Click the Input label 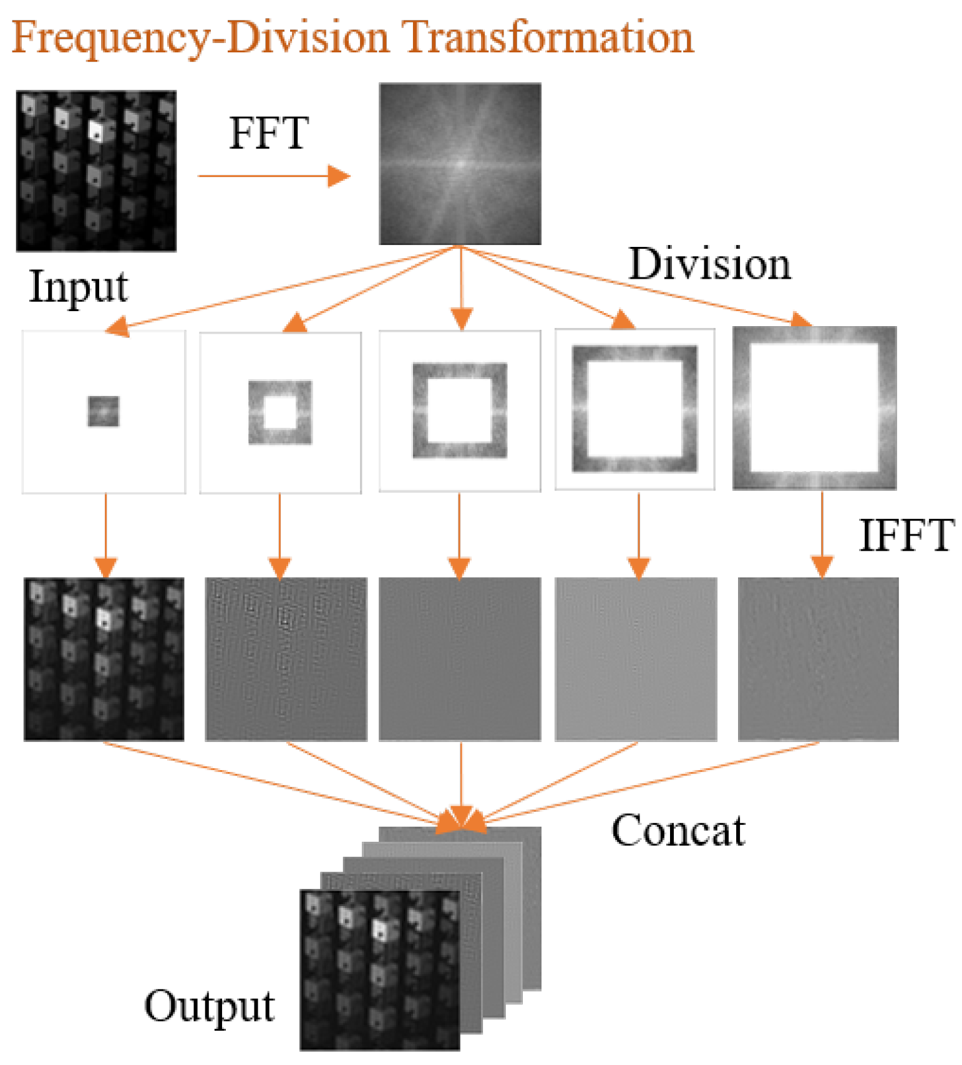[x=79, y=288]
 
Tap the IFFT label [x=906, y=535]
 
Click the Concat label [x=678, y=831]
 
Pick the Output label [x=209, y=1005]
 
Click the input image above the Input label [x=96, y=171]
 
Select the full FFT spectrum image [x=460, y=164]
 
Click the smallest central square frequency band [x=104, y=412]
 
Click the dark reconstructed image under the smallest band [x=104, y=659]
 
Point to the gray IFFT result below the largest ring [x=818, y=659]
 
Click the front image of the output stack [x=379, y=970]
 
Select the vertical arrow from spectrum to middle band [x=460, y=287]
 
